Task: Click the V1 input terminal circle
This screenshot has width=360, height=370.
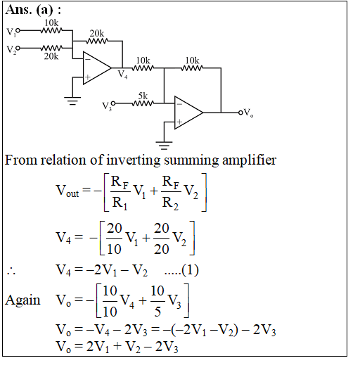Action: click(18, 31)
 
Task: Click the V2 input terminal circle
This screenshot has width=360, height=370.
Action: click(18, 48)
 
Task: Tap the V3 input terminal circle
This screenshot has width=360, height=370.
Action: click(113, 103)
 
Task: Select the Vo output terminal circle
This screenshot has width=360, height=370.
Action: click(240, 113)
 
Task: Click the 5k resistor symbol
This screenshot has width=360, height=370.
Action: click(143, 103)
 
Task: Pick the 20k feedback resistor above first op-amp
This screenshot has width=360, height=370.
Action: click(97, 41)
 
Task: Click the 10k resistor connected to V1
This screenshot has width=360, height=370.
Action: click(51, 31)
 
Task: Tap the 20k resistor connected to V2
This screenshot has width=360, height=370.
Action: click(51, 48)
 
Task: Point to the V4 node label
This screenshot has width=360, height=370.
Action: click(122, 75)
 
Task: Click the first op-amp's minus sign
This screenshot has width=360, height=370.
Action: click(88, 59)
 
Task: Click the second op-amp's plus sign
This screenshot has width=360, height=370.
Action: click(179, 122)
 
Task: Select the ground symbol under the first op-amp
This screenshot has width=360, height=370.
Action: click(72, 101)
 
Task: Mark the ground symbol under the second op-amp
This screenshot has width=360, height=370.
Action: click(164, 146)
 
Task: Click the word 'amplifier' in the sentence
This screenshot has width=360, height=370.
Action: click(249, 160)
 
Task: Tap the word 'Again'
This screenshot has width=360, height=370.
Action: click(22, 300)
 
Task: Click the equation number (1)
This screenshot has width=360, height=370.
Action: click(190, 270)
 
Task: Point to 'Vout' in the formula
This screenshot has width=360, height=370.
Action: click(67, 191)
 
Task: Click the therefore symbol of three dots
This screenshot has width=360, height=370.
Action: click(11, 272)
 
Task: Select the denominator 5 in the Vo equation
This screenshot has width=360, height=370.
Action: click(157, 312)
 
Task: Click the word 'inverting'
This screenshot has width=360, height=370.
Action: click(134, 160)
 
